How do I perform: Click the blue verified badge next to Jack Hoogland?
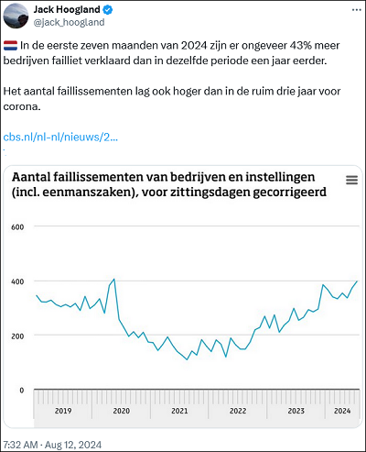point(107,10)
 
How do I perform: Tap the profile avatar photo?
point(16,17)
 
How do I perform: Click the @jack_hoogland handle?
point(69,22)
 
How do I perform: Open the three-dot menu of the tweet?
point(357,10)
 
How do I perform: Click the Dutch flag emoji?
point(10,46)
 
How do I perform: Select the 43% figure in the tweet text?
point(301,46)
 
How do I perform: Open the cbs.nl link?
point(60,137)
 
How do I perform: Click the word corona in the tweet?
point(22,106)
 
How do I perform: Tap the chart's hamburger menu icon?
point(351,180)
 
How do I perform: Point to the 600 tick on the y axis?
point(17,227)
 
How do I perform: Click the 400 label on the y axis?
point(17,281)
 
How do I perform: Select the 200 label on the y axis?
point(17,336)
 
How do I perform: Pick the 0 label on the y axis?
point(21,391)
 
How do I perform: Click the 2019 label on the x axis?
point(63,411)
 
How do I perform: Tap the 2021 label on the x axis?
point(179,411)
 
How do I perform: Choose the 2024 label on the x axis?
point(342,411)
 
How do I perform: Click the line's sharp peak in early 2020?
point(114,279)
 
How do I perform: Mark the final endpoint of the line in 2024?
point(357,281)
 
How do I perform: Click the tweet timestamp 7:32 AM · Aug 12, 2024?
point(52,445)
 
